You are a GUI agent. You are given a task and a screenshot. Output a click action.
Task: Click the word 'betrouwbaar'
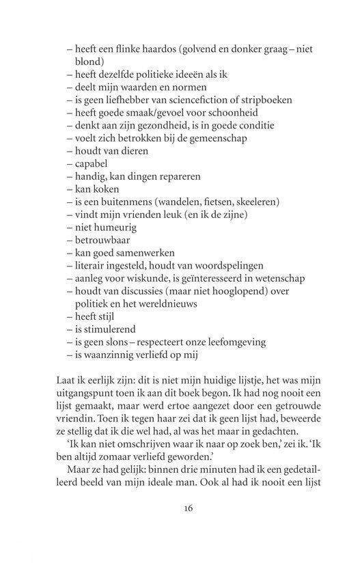[x=107, y=241]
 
